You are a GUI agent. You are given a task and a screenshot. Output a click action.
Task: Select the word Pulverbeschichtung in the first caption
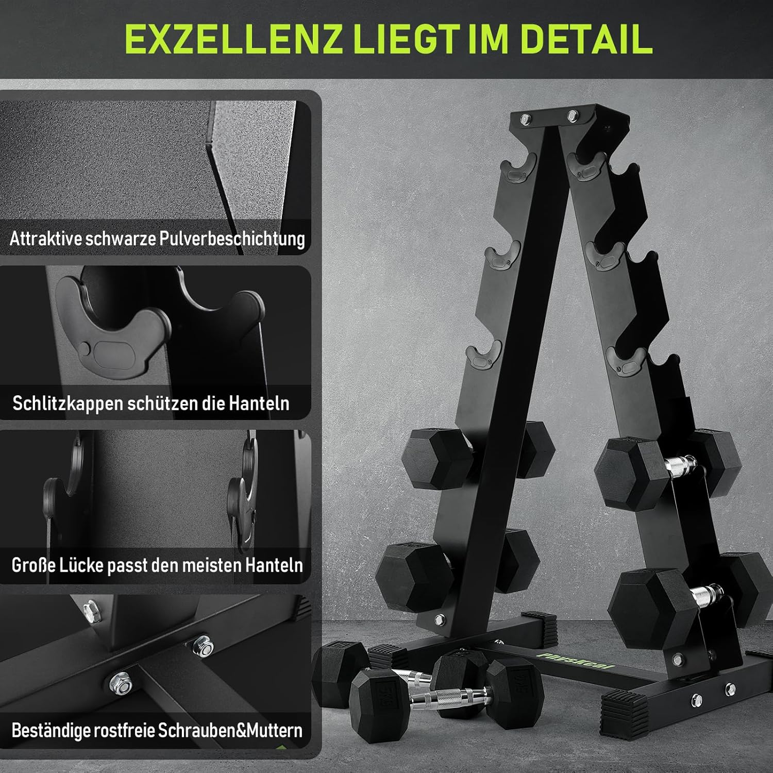point(232,239)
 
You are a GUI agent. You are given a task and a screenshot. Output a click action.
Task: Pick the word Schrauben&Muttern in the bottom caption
point(230,730)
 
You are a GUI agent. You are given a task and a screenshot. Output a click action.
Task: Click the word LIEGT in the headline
point(405,39)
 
